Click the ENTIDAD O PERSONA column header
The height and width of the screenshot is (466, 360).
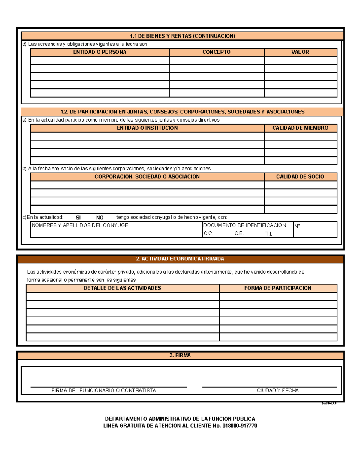100,52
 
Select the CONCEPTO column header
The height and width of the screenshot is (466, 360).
216,52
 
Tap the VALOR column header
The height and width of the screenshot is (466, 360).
300,52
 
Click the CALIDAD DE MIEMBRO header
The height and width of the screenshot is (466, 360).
300,128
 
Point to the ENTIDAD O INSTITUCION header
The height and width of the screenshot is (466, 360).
147,128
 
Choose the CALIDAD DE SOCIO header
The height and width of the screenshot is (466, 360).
300,177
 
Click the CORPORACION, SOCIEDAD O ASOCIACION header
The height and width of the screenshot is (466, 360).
147,177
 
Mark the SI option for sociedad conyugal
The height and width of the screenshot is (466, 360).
78,218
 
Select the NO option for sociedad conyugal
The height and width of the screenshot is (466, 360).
100,218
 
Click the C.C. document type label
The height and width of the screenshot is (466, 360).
208,234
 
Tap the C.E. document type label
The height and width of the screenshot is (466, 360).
239,234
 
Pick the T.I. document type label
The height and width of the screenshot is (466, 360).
269,234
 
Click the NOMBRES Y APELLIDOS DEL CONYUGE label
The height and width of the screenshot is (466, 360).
80,225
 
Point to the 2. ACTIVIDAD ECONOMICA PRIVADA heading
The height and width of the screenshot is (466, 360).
180,259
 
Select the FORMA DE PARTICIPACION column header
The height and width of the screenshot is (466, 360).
277,288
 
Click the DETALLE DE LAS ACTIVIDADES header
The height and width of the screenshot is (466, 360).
122,288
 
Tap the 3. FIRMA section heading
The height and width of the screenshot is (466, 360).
180,356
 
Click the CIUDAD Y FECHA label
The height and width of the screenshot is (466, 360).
278,391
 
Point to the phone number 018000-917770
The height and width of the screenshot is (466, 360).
240,426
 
